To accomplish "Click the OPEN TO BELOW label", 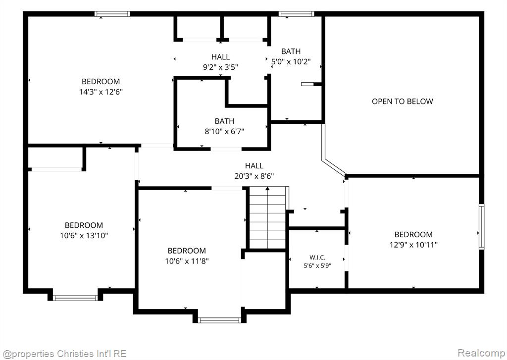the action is [402, 101].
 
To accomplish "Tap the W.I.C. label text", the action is [317, 257].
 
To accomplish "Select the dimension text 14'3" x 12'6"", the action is [101, 92].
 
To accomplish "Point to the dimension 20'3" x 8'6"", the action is [254, 176].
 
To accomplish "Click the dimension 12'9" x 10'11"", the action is [413, 245].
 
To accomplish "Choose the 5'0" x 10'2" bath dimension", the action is [291, 61].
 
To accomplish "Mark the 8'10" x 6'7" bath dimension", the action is [224, 132].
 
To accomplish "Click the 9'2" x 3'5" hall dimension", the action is [220, 67].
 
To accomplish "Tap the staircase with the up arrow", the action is [267, 218].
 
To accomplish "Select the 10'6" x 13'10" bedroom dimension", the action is [84, 236].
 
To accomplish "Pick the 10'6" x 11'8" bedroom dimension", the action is [187, 261].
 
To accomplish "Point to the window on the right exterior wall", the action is [481, 226].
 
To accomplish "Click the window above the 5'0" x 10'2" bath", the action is [296, 14].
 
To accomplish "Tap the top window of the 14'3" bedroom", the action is [112, 14].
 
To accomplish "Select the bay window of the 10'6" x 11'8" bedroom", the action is [219, 320].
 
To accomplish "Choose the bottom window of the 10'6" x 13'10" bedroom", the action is [75, 298].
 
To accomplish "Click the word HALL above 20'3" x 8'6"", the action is [254, 166].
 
